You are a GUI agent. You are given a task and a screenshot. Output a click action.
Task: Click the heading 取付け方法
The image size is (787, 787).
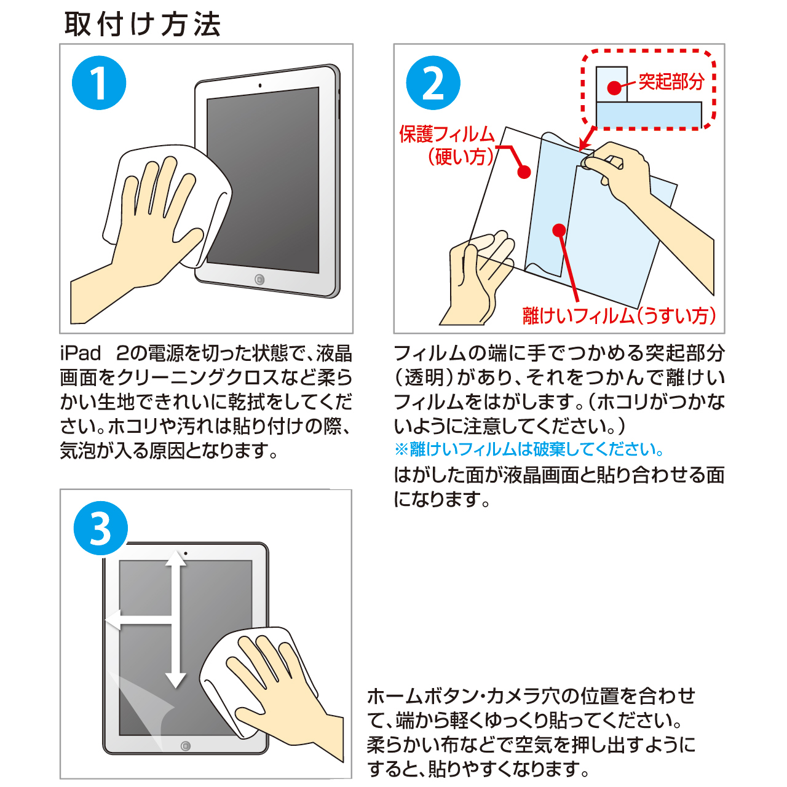tap(143, 24)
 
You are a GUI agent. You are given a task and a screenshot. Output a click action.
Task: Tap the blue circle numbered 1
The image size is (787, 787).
tap(99, 83)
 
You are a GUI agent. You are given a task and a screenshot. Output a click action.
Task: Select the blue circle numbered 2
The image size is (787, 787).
tap(433, 83)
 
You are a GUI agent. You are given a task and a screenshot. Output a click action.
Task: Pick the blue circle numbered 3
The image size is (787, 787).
tap(100, 528)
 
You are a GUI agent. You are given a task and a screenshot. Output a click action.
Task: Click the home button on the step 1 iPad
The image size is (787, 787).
tap(259, 280)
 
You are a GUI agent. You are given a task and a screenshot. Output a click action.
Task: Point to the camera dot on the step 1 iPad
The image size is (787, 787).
tap(259, 85)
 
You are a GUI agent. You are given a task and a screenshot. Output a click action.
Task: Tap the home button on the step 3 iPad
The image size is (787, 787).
tap(186, 746)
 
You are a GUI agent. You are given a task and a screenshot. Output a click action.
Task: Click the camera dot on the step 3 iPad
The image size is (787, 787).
tap(186, 553)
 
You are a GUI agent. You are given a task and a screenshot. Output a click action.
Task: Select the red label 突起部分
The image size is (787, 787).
tap(671, 81)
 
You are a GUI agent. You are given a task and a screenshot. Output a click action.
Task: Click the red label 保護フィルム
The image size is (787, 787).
tap(447, 134)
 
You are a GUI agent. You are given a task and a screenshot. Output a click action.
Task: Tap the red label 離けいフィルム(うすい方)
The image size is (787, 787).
tap(619, 315)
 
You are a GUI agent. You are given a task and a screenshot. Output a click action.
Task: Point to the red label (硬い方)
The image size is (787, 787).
tap(461, 157)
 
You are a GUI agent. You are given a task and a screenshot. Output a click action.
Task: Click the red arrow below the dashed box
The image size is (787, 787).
tap(587, 139)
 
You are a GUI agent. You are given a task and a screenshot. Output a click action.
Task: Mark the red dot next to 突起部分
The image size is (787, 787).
tap(614, 88)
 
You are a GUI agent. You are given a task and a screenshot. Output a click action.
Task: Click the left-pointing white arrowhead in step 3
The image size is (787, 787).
tap(113, 620)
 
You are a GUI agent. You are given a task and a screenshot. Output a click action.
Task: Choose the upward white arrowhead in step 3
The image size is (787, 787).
tap(176, 558)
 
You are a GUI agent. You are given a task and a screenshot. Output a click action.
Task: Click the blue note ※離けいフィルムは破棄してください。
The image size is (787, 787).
tap(529, 449)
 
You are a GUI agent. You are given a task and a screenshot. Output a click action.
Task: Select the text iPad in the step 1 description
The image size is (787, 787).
tap(80, 354)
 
